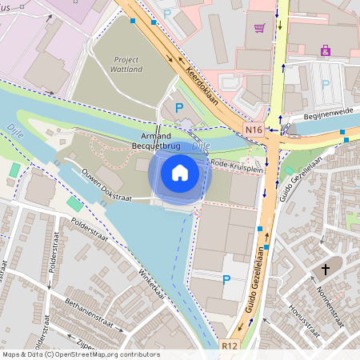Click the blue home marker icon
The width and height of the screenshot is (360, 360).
180,173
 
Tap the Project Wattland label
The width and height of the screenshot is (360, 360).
115,64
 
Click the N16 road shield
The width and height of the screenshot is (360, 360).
254,129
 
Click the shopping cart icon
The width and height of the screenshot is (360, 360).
259,28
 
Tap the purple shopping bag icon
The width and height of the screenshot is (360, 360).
325,50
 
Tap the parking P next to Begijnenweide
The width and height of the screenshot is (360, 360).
326,84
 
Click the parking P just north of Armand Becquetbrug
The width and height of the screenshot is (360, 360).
179,107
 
